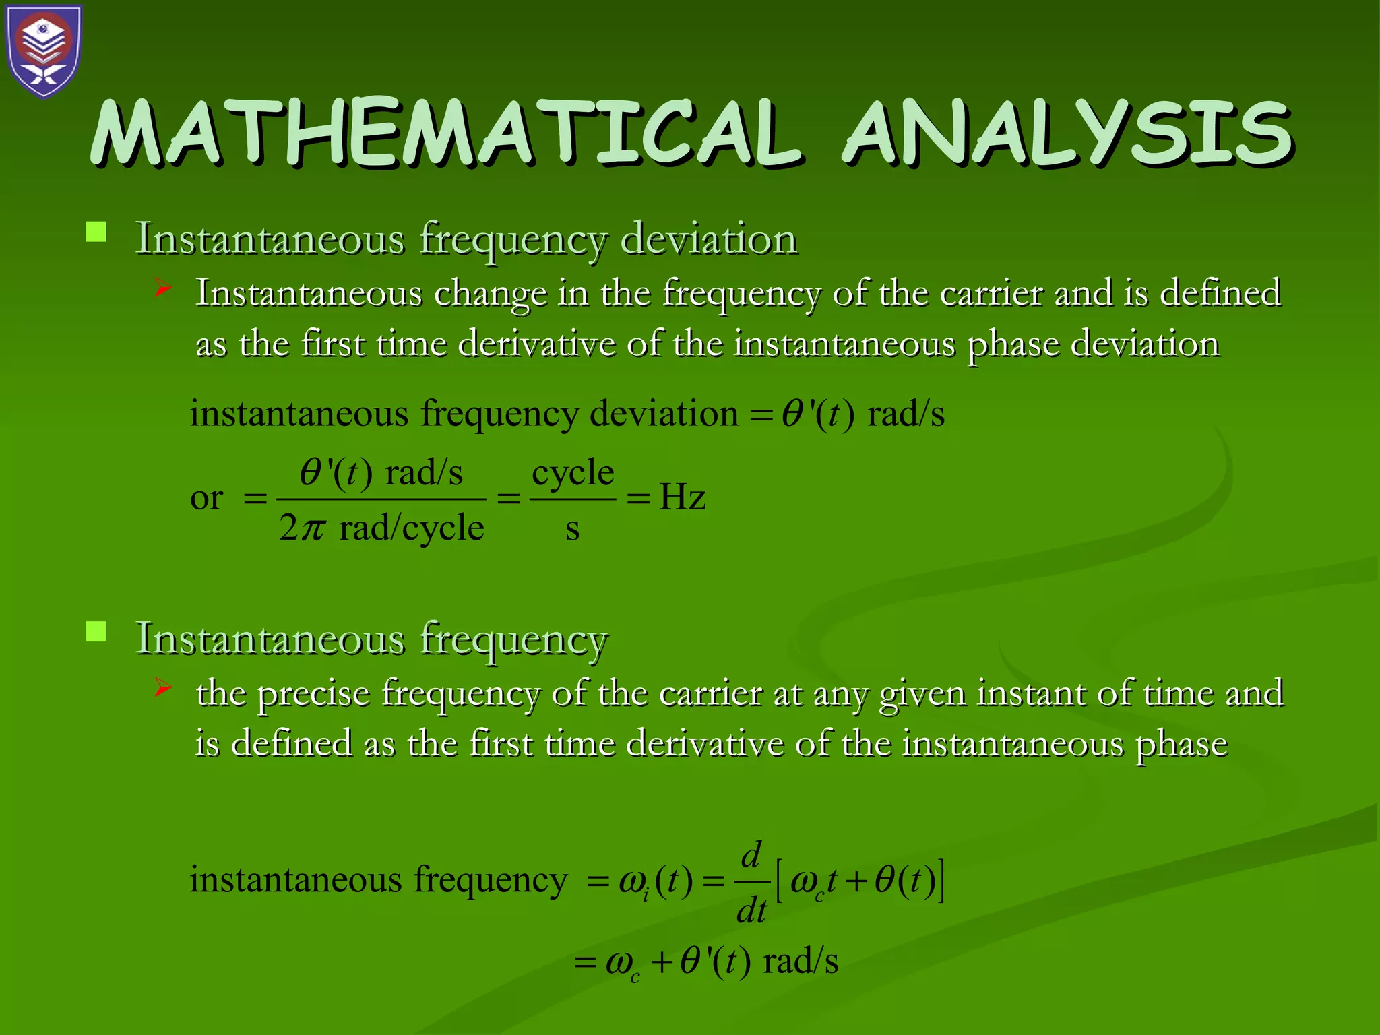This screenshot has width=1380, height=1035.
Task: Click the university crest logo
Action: coord(44,51)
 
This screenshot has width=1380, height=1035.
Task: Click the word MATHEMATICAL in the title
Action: coord(445,133)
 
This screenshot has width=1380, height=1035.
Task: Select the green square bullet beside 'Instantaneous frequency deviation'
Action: coord(96,232)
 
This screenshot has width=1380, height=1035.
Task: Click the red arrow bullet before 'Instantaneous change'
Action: coord(162,289)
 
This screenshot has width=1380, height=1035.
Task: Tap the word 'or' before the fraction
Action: coord(206,498)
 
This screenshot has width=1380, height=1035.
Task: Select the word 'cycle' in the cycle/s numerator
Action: coord(573,472)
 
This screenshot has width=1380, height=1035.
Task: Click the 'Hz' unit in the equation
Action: coord(682,498)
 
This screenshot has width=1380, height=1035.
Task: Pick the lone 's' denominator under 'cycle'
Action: coord(572,529)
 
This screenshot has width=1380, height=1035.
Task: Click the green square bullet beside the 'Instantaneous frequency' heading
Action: coord(96,632)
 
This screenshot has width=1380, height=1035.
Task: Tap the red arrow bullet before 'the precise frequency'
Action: coord(162,688)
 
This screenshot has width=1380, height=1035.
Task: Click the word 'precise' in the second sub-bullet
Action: coord(314,693)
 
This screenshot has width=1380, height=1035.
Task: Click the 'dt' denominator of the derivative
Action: coord(751,911)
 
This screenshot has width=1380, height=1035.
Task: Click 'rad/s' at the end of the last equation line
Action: coord(801,961)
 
